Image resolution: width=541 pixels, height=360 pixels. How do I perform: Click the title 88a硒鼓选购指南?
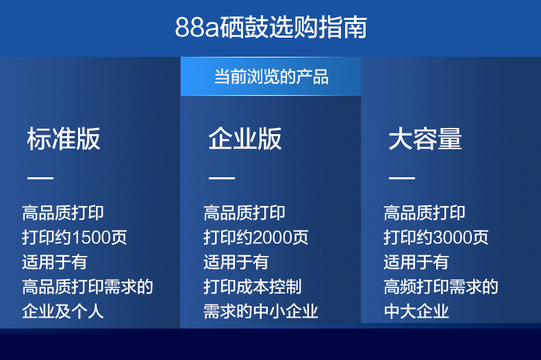pos(271,27)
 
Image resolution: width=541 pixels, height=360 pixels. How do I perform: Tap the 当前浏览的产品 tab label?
pos(271,77)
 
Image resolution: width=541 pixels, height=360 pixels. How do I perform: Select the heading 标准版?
pos(64,139)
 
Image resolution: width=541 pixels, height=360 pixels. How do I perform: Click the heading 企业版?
pos(245,139)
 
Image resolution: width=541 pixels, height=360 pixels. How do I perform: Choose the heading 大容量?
pos(425,139)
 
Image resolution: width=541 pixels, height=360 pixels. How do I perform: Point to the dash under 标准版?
pos(40,178)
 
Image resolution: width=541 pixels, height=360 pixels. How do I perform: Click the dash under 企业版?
pos(222,178)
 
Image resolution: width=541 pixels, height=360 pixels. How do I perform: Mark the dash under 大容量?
pos(402,178)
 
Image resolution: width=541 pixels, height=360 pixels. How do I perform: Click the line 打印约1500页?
pos(75,237)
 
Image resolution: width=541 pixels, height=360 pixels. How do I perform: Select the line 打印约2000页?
pos(256,237)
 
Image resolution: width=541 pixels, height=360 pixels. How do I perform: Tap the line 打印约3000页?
pos(436,237)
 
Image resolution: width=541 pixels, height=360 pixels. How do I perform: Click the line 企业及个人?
pos(63,311)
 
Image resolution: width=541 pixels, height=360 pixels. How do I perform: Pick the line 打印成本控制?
pos(253,287)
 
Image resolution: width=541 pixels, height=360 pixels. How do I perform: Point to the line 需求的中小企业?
pos(261,311)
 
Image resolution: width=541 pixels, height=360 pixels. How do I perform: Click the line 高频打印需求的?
pos(441,287)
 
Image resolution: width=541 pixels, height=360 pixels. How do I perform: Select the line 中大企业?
pos(416,311)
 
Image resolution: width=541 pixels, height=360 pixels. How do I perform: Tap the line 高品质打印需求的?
pos(88,287)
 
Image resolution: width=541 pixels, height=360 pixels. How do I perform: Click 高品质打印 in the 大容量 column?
pos(425,213)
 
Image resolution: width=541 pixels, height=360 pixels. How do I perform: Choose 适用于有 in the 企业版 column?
pos(236,261)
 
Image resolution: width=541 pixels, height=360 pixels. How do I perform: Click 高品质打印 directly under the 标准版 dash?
pos(63,213)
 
